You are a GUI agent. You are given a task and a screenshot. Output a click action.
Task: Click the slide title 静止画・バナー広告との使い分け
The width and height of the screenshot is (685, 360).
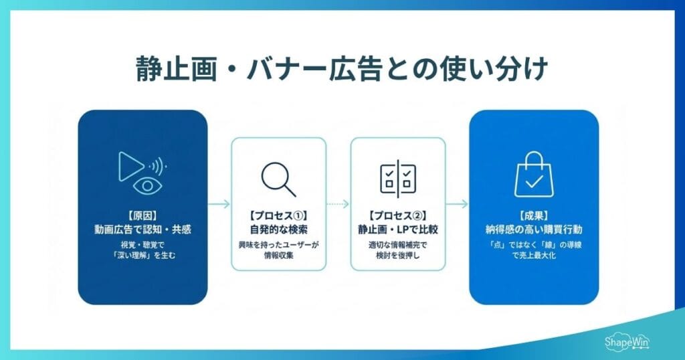[342, 69]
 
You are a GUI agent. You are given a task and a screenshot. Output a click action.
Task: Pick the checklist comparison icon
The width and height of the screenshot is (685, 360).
[397, 178]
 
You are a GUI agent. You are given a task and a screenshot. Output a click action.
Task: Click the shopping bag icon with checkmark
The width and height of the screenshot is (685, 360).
[533, 175]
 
